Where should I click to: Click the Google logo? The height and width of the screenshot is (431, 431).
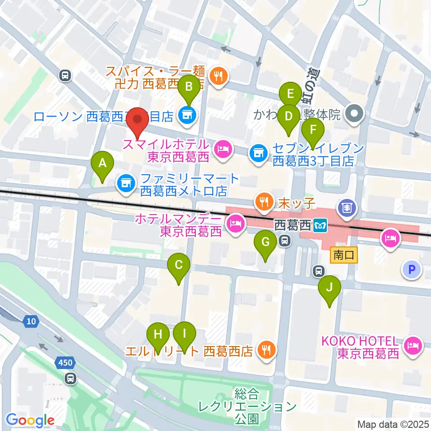click(x=31, y=420)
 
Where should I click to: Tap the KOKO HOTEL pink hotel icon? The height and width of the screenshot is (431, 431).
click(x=412, y=345)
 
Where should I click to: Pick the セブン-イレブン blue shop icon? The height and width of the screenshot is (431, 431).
click(x=258, y=153)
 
